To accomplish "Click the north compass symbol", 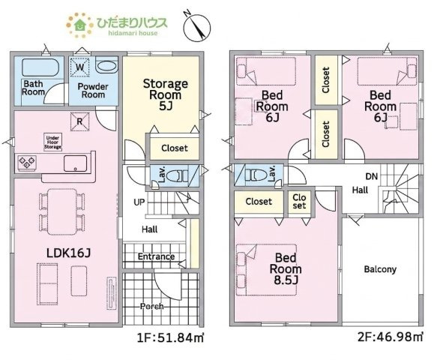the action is tap(197, 27).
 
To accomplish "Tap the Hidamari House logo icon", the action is tap(79, 25).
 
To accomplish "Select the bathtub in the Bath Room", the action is tap(40, 67).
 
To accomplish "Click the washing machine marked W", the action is tap(79, 67).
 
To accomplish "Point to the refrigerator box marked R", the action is tap(79, 121).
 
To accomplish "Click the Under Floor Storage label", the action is tap(52, 142).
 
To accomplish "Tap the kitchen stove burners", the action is tap(27, 162).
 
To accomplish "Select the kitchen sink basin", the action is tap(75, 163).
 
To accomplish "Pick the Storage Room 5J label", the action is tap(165, 94).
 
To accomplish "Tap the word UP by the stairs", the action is tap(139, 202).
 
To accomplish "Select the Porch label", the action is tap(152, 306).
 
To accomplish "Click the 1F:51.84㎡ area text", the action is tap(171, 338).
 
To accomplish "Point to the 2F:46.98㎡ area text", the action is tap(391, 337).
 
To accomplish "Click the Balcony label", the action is tap(380, 269).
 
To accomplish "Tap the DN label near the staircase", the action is tap(372, 176).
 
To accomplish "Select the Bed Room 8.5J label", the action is tap(286, 268).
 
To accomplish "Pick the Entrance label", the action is tap(157, 256).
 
